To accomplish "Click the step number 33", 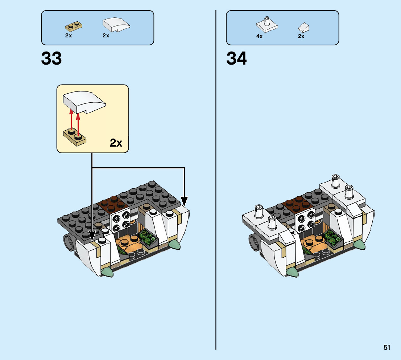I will [51, 58].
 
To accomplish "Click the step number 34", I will [236, 58].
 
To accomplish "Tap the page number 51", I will [387, 348].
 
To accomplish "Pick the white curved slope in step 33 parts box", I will [116, 25].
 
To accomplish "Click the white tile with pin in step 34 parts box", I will [266, 25].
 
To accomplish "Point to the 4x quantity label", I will [259, 36].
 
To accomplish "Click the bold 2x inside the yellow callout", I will [116, 143].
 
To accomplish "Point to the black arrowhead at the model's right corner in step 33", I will [184, 200].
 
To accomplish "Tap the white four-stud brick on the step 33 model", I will [120, 221].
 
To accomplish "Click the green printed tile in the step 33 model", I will [149, 240].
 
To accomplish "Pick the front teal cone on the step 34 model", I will [292, 272].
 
